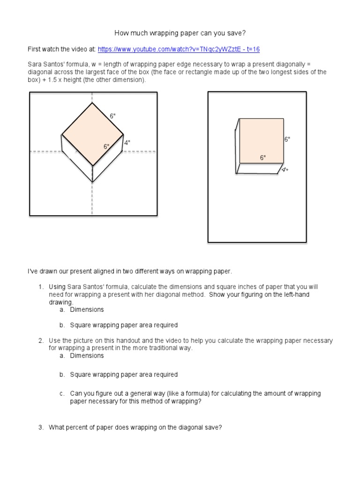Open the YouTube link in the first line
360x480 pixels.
pyautogui.click(x=179, y=49)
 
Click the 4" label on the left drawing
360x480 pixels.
pyautogui.click(x=127, y=142)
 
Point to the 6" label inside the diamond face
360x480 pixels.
pyautogui.click(x=106, y=147)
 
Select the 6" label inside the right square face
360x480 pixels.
pyautogui.click(x=263, y=157)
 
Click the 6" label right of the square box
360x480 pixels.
pyautogui.click(x=287, y=140)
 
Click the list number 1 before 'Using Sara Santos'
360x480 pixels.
pyautogui.click(x=41, y=287)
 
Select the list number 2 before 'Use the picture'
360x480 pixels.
pyautogui.click(x=41, y=340)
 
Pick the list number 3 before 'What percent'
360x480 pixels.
pyautogui.click(x=41, y=427)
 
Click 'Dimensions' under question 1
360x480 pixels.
pyautogui.click(x=87, y=309)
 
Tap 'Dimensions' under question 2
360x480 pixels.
pyautogui.click(x=87, y=355)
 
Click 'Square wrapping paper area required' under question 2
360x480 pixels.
pyautogui.click(x=124, y=375)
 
